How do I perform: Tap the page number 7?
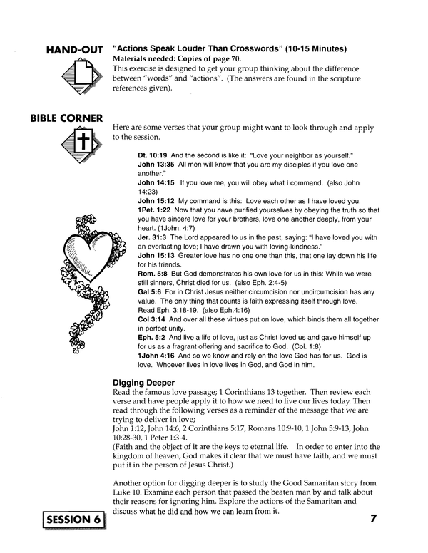click(373, 519)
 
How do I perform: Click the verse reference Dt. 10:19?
click(151, 155)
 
